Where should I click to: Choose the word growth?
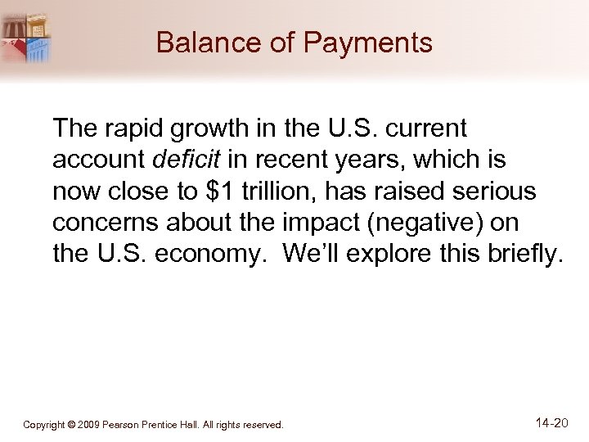click(196, 128)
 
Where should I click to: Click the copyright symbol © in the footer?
click(73, 426)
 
